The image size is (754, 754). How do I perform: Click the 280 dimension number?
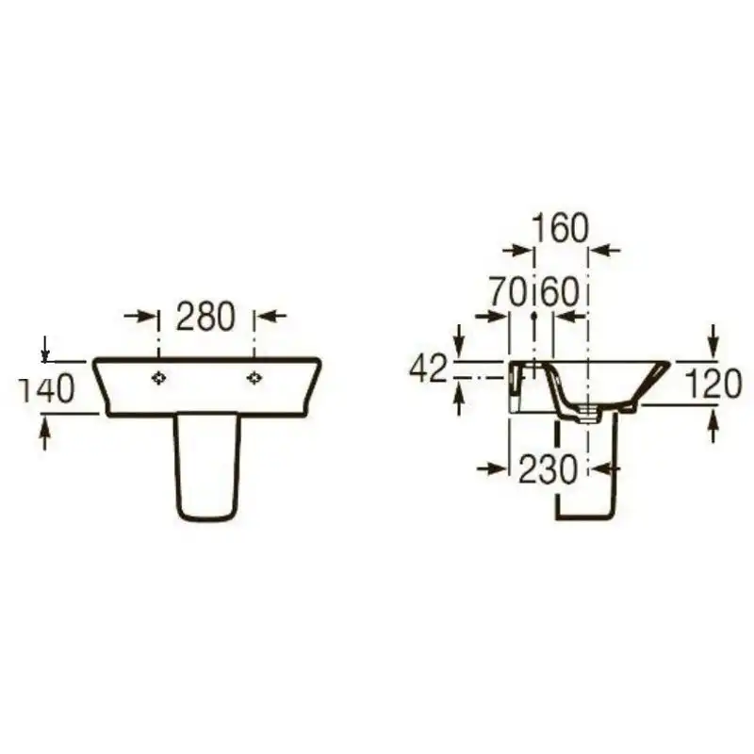click(205, 317)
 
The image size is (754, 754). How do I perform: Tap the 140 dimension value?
click(46, 388)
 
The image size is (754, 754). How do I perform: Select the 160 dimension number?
click(561, 227)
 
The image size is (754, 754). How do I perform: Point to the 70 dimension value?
click(509, 292)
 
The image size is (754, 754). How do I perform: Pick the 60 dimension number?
click(560, 292)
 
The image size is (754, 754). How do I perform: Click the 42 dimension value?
click(429, 369)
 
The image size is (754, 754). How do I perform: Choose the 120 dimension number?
click(713, 385)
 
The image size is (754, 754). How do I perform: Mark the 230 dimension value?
click(548, 468)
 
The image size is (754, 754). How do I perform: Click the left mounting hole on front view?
click(158, 379)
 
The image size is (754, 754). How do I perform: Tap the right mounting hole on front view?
click(254, 379)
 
